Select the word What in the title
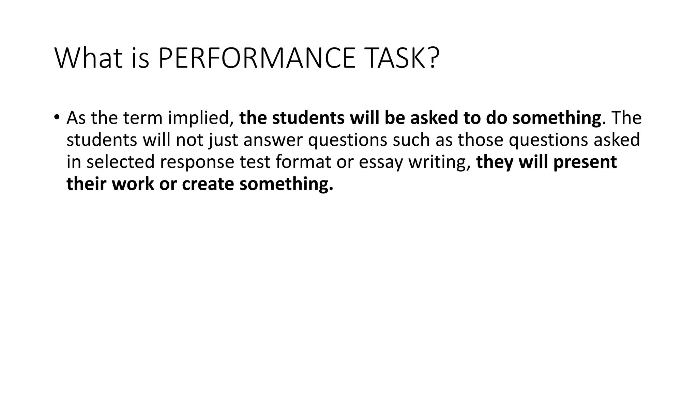(88, 58)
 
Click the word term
(143, 118)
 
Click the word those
(480, 140)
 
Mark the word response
(197, 162)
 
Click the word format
(303, 162)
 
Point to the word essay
(381, 162)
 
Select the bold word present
(585, 162)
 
